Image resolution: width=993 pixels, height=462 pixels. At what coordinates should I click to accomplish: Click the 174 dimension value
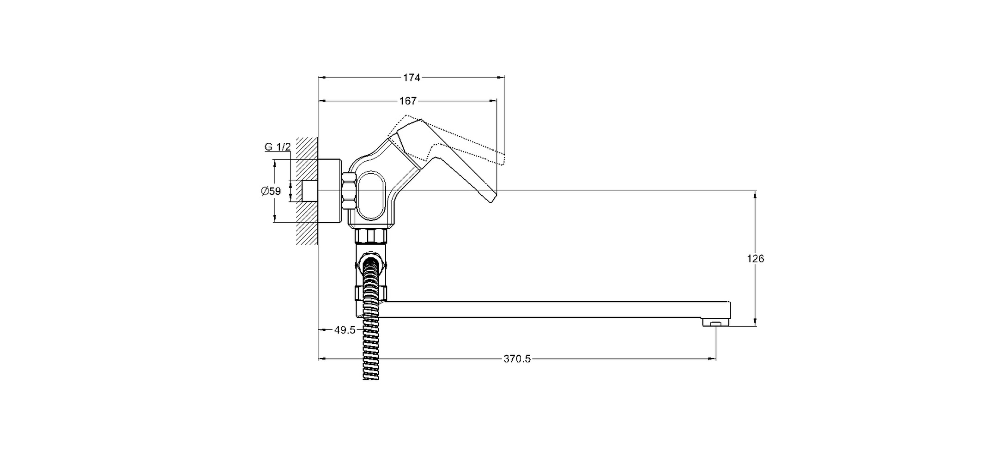(412, 78)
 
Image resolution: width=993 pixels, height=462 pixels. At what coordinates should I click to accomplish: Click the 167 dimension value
(408, 101)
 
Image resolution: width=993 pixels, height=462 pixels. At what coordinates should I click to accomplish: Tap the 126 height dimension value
(756, 259)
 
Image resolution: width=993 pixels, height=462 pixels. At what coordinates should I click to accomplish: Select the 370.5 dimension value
(517, 359)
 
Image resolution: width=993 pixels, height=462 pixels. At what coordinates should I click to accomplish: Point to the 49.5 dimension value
(345, 330)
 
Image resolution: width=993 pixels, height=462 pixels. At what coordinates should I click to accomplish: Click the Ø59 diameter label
(271, 191)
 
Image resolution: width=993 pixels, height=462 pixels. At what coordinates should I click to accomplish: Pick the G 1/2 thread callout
(278, 147)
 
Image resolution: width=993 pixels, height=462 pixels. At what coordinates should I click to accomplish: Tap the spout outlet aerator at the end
(716, 323)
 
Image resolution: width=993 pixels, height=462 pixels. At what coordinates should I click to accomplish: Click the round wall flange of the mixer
(330, 191)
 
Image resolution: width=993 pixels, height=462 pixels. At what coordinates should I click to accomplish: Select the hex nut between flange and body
(349, 191)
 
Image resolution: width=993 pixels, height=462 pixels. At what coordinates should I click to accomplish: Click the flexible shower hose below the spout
(370, 351)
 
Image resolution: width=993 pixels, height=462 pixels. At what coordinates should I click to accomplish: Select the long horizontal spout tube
(554, 310)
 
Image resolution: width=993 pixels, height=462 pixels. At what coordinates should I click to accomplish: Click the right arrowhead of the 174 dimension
(503, 78)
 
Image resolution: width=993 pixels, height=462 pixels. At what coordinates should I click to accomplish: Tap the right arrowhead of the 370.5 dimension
(713, 359)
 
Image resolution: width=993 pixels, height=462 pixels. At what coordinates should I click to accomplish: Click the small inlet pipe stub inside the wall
(309, 191)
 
